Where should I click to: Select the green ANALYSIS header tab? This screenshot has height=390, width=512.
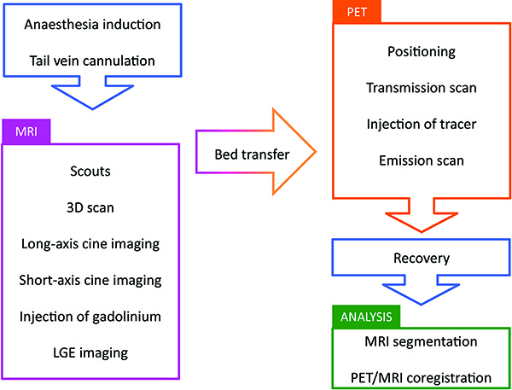click(365, 317)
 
